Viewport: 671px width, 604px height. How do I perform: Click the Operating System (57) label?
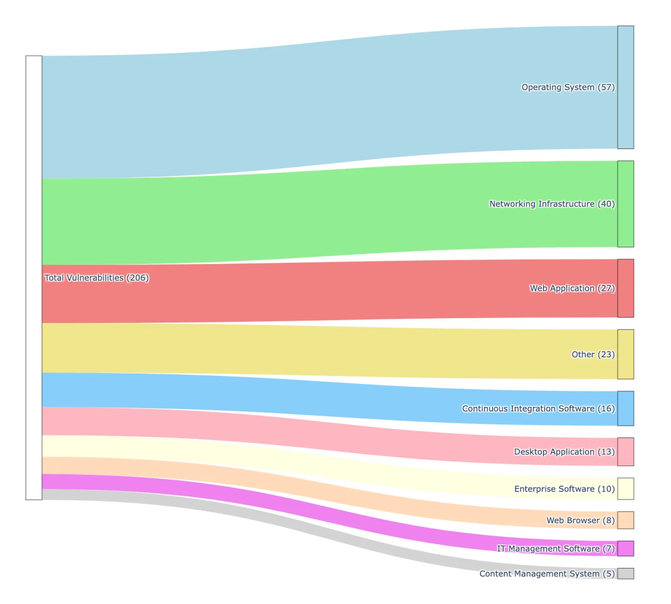pos(568,88)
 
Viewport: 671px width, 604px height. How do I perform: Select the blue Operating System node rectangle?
pos(625,88)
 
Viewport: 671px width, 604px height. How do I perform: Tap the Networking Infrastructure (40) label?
pos(552,204)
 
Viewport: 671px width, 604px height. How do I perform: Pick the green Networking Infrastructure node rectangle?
pos(625,204)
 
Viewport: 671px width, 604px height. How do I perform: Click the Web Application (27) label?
pos(572,288)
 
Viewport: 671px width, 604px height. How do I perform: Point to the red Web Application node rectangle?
pos(625,288)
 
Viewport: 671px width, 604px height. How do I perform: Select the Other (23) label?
pos(593,354)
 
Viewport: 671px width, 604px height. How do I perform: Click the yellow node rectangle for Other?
pos(625,354)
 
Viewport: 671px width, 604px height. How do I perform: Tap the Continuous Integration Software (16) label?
pos(538,408)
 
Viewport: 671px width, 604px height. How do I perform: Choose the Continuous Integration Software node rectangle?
pos(625,408)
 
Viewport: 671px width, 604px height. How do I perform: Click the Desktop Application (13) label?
pos(564,452)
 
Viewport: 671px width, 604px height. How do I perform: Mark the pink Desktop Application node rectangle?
pos(625,452)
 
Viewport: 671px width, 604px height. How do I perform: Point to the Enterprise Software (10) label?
pos(564,489)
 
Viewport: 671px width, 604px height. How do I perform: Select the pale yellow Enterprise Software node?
pos(625,489)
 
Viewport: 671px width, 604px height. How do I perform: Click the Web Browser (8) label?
pos(580,520)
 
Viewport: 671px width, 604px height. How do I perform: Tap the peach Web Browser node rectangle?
pos(625,520)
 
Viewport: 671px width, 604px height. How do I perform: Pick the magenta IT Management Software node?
pos(625,549)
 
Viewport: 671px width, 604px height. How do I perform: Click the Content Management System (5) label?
pos(547,574)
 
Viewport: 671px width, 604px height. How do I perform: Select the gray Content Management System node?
pos(625,574)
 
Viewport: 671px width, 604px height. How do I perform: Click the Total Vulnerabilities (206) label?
pos(97,278)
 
